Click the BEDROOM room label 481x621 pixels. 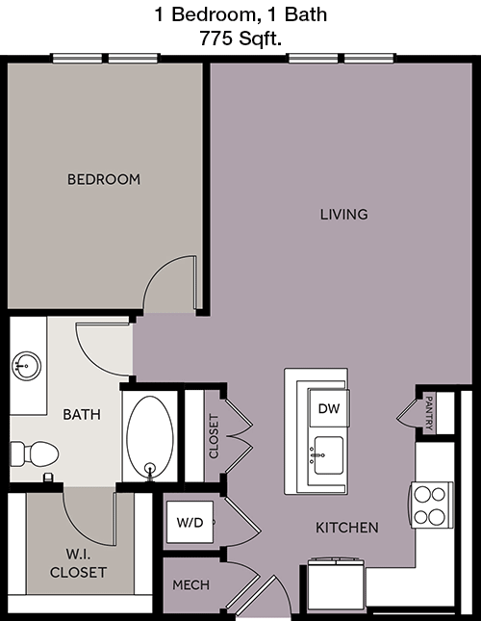pyautogui.click(x=104, y=179)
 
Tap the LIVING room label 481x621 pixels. pyautogui.click(x=343, y=215)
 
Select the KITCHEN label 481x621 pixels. pyautogui.click(x=347, y=528)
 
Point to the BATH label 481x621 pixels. pyautogui.click(x=82, y=415)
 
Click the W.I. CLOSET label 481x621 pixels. pyautogui.click(x=78, y=563)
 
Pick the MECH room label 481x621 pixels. pyautogui.click(x=191, y=585)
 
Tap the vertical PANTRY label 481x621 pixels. pyautogui.click(x=428, y=413)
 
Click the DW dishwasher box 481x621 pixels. pyautogui.click(x=329, y=408)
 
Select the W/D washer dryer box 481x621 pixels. pyautogui.click(x=190, y=522)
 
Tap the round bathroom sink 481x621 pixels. pyautogui.click(x=27, y=366)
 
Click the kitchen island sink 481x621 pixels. pyautogui.click(x=328, y=455)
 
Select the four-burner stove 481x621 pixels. pyautogui.click(x=432, y=505)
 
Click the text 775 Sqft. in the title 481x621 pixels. pyautogui.click(x=240, y=39)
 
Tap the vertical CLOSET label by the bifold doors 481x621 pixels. pyautogui.click(x=214, y=436)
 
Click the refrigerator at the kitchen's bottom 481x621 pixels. pyautogui.click(x=337, y=586)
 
